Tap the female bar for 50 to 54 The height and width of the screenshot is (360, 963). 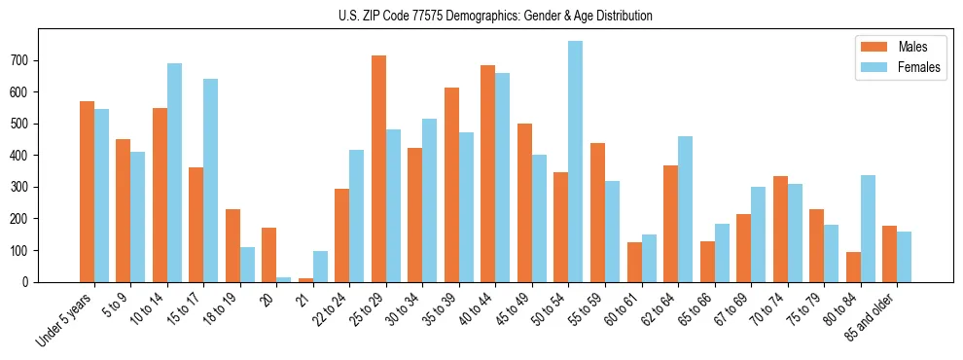click(x=576, y=162)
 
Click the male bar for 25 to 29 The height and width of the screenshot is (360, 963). click(x=378, y=168)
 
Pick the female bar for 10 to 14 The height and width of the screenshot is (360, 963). click(x=174, y=172)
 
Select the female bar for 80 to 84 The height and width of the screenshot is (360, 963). click(x=868, y=229)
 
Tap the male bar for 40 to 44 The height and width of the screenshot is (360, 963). click(x=488, y=173)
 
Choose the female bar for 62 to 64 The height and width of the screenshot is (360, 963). click(x=685, y=209)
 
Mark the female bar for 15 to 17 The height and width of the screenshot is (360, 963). click(x=211, y=180)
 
